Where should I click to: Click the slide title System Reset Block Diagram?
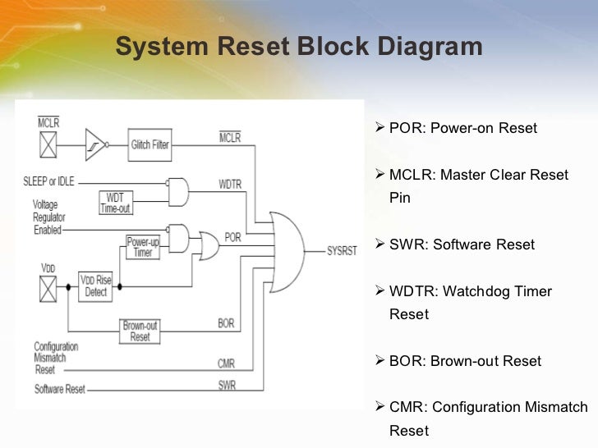click(298, 48)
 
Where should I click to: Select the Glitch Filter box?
click(149, 144)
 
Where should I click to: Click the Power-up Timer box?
click(142, 248)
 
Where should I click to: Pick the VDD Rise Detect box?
click(96, 286)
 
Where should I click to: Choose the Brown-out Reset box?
click(140, 331)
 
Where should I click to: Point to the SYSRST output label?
click(342, 251)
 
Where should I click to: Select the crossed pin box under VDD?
click(48, 287)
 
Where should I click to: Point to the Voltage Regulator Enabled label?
click(48, 217)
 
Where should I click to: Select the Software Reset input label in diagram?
click(60, 388)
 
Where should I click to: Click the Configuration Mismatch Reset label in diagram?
click(56, 358)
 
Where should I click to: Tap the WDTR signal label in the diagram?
click(230, 185)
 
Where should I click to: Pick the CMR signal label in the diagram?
click(226, 363)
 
